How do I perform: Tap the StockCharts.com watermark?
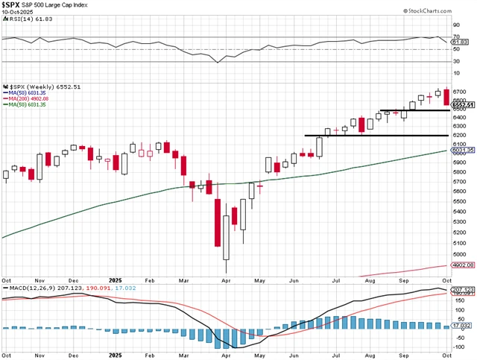[x=439, y=12]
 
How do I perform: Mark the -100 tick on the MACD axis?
[x=458, y=347]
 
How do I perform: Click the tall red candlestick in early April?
[x=218, y=222]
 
